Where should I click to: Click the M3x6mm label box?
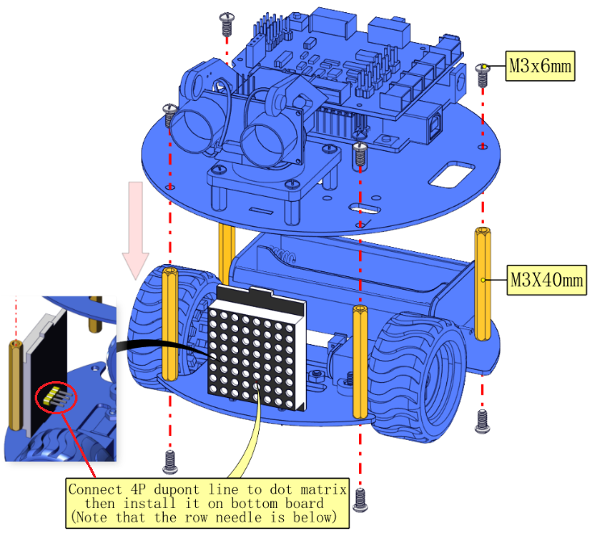pos(540,66)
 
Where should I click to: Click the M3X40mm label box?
pos(546,279)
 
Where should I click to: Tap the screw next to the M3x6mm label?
pos(482,75)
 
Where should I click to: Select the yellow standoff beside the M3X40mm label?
pos(482,284)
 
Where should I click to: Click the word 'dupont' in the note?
pos(176,489)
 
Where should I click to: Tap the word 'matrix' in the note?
pos(324,489)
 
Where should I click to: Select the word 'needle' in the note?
pos(238,517)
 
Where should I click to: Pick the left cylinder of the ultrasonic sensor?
pos(194,129)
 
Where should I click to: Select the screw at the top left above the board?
pos(227,23)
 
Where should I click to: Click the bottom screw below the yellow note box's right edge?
pos(360,500)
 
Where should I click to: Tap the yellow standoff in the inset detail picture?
pos(15,385)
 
